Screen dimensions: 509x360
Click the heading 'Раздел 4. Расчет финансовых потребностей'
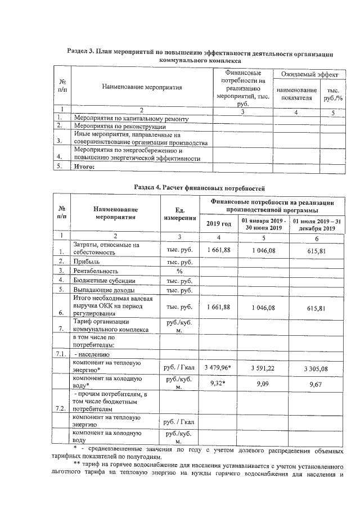tap(200, 187)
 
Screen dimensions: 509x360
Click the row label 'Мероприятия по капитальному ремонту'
tap(128, 118)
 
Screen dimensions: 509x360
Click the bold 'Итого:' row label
tap(84, 166)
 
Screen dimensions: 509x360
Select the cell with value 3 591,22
tap(264, 367)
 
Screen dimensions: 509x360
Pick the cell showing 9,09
tap(264, 383)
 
